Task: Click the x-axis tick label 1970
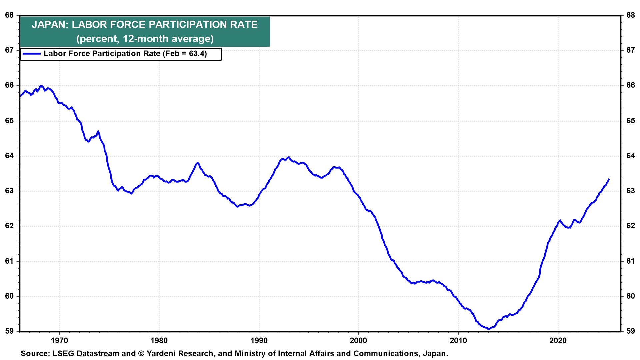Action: coord(59,340)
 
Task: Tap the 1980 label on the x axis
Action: coord(159,340)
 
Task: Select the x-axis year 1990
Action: coord(259,340)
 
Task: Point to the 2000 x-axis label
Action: coord(358,340)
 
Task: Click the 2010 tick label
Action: coord(458,340)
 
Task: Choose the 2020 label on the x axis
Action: coord(558,340)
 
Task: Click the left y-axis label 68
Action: coord(9,15)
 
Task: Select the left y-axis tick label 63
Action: coord(9,191)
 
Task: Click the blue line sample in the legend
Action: coord(31,54)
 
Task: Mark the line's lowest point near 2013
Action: coord(489,329)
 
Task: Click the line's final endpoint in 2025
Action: coord(609,179)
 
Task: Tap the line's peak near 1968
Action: coord(41,86)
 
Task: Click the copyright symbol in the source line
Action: coord(141,353)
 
